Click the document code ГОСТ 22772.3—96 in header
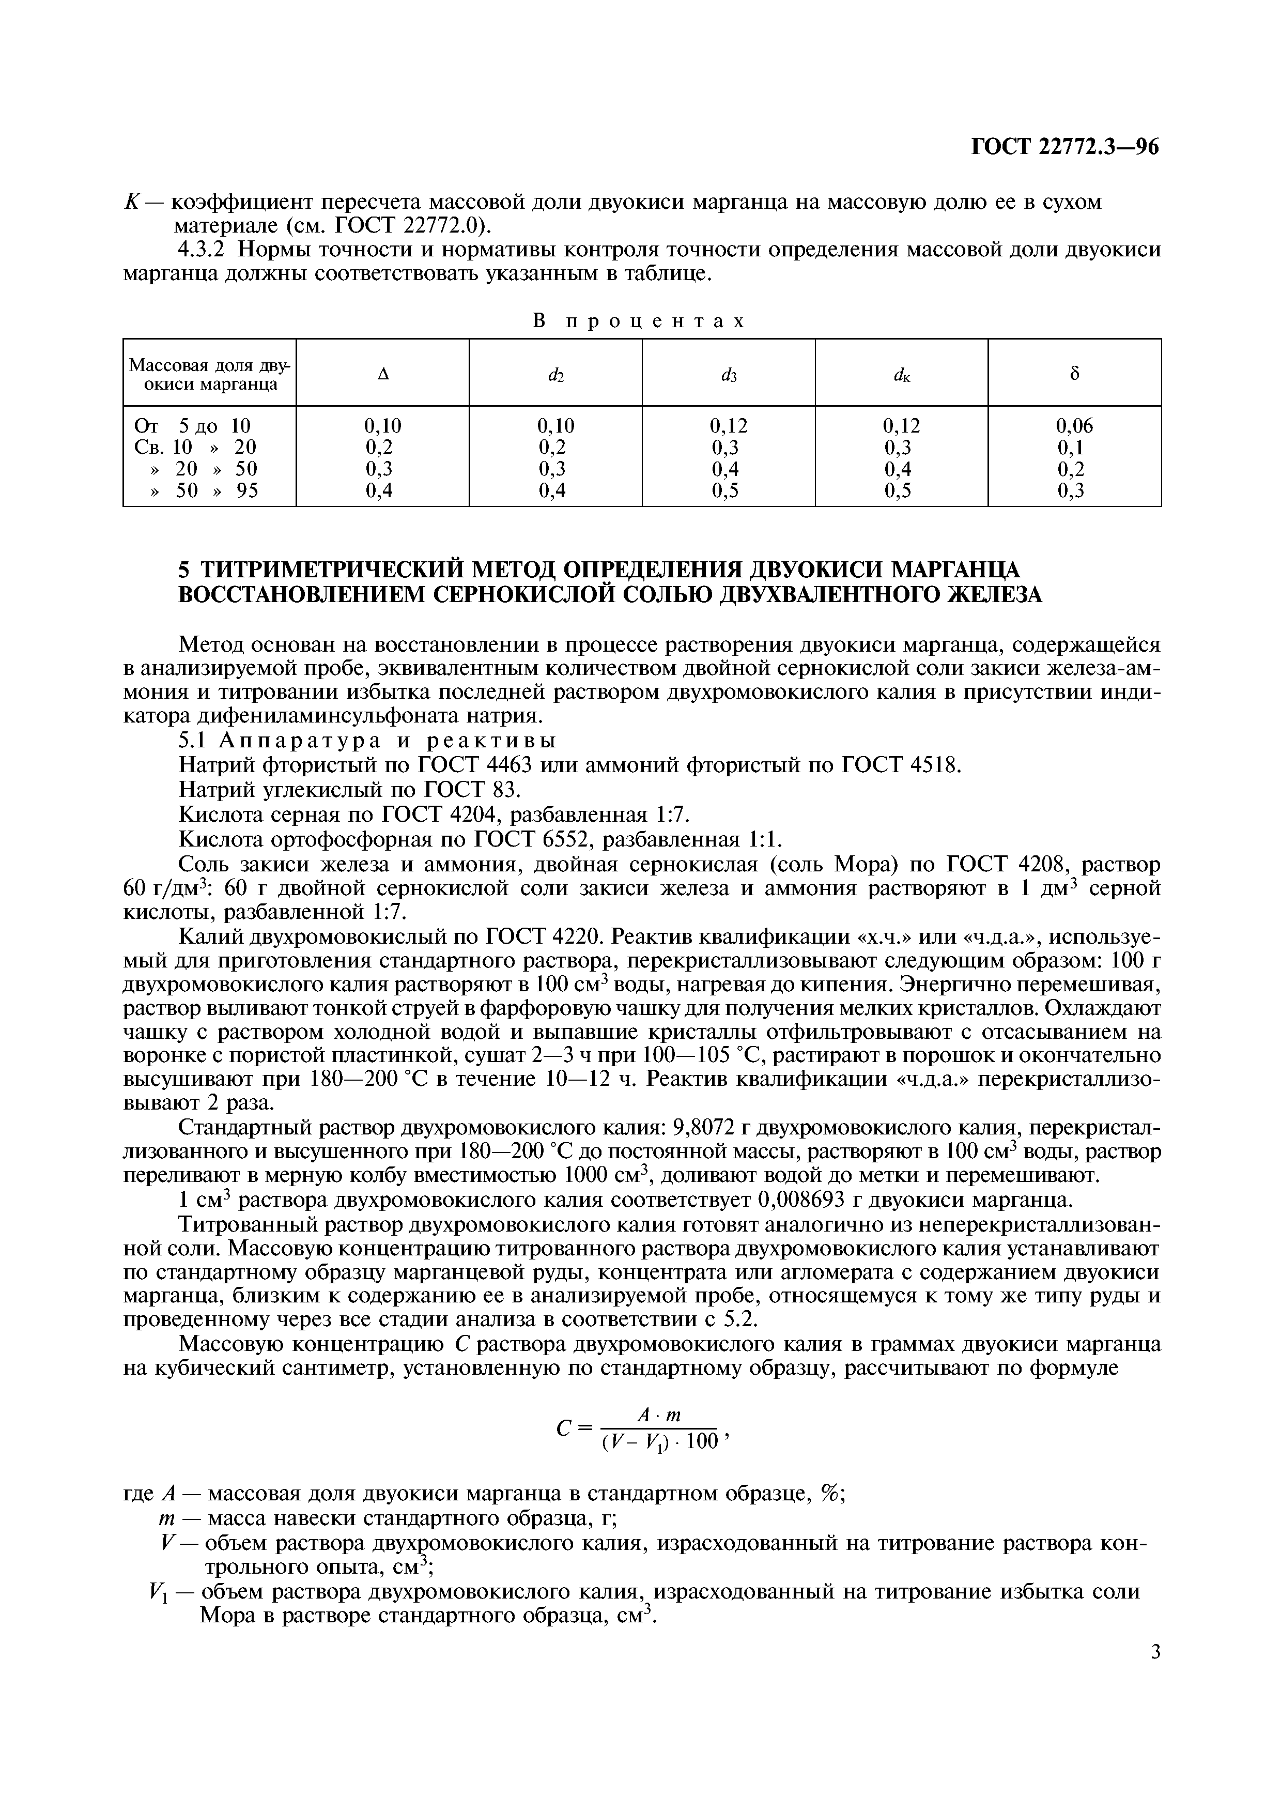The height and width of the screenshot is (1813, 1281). pos(1064,148)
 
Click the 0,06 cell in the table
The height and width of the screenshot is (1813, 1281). pos(1074,426)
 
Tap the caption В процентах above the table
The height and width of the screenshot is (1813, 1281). pos(639,321)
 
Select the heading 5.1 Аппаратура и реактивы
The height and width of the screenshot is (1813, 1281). pos(367,741)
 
